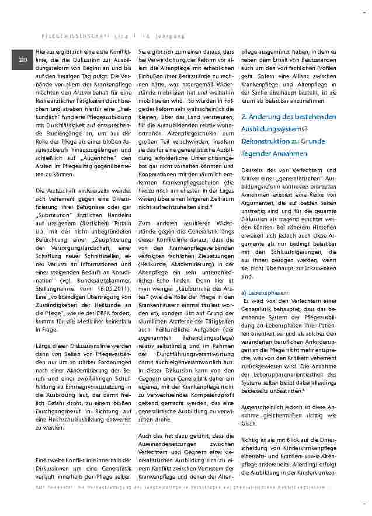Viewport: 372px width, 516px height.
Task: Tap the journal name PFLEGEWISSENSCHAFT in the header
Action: (x=57, y=36)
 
